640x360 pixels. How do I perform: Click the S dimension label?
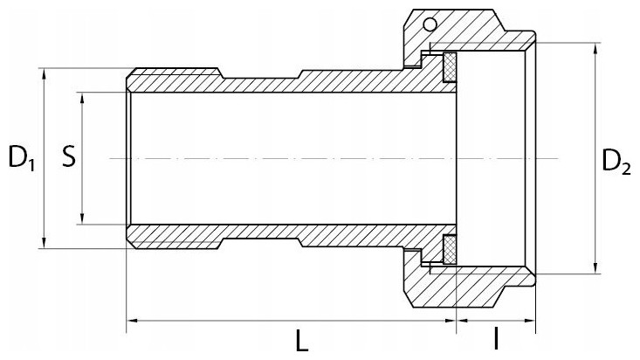pos(69,157)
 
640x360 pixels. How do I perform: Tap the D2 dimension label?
pos(616,162)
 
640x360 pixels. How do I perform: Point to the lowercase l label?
pos(496,338)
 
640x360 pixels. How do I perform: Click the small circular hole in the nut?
pos(430,25)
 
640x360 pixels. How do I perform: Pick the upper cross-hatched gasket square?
pos(451,67)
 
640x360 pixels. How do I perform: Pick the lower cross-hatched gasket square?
pos(450,249)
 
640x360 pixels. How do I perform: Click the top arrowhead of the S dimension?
pos(82,98)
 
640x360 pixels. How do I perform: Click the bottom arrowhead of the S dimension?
pos(82,218)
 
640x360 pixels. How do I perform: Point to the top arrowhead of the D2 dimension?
pos(596,49)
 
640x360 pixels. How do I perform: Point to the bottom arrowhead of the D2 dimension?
pos(596,268)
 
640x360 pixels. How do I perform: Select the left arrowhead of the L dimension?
pos(133,321)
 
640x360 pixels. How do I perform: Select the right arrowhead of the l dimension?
pos(529,321)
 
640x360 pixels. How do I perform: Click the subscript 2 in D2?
pos(626,170)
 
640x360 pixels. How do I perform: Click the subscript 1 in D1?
pos(31,164)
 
